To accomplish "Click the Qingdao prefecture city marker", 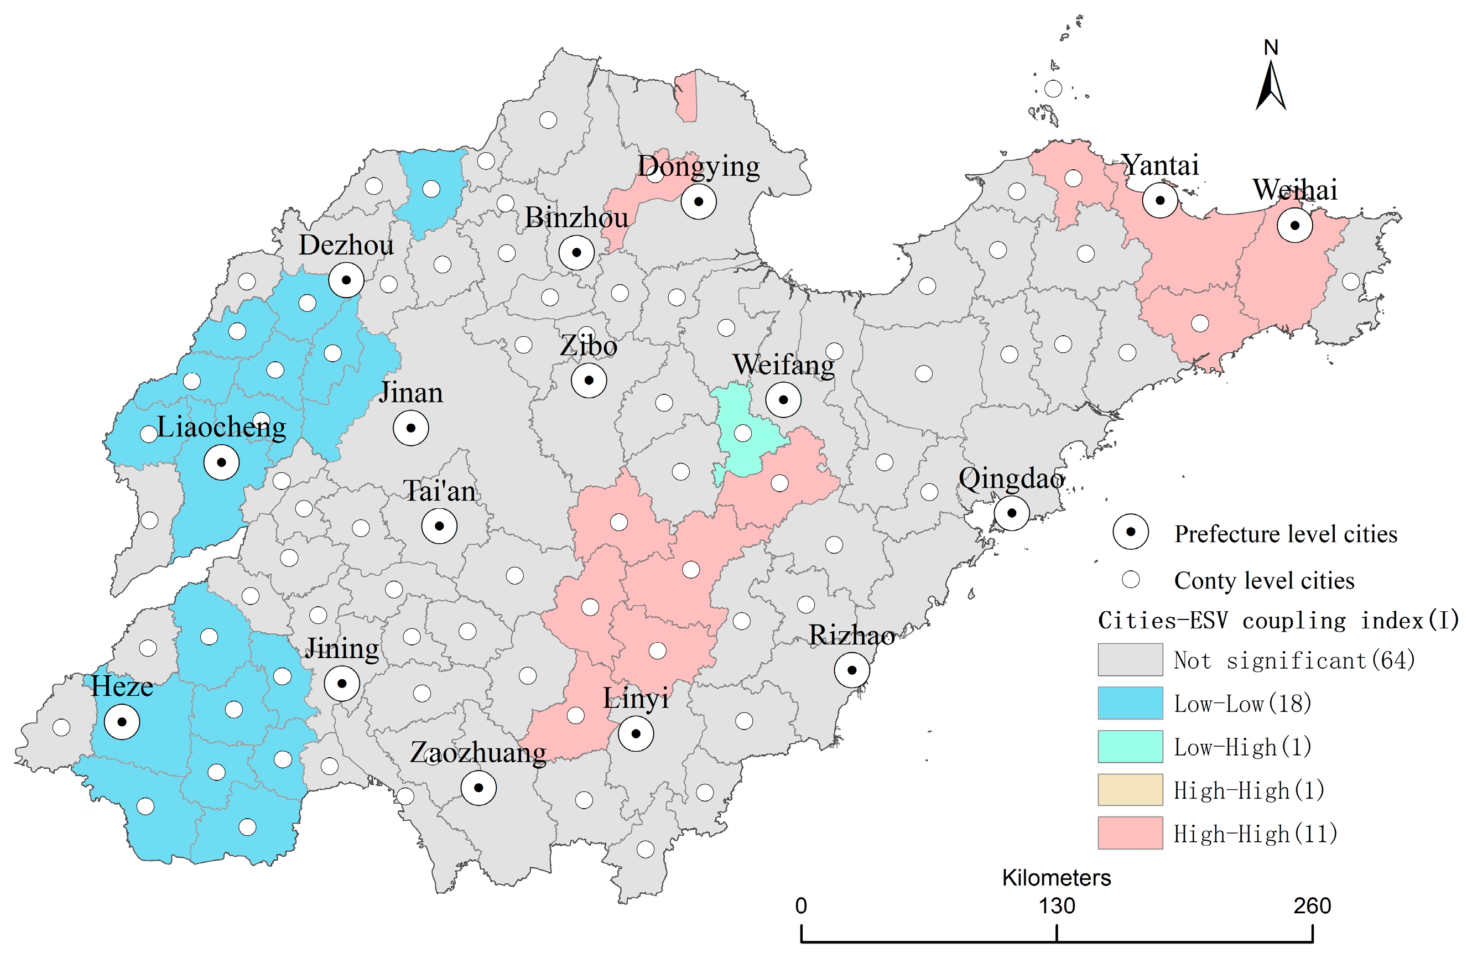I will (1012, 513).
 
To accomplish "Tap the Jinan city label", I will (410, 393).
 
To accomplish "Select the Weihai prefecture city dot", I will (1294, 226).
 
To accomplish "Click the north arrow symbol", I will (1271, 86).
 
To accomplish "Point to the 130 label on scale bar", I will (1057, 906).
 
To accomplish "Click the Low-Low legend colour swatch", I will (1130, 704).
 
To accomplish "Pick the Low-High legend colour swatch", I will (1130, 747).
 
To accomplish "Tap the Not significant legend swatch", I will (1130, 660).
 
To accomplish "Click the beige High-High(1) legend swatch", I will (1130, 790).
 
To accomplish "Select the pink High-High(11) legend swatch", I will (1130, 834).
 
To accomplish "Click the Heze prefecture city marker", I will (122, 722).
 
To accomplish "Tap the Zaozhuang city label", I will (478, 753).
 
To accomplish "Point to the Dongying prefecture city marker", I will (698, 201).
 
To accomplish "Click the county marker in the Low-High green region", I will (743, 433).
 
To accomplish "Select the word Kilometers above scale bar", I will (1056, 878).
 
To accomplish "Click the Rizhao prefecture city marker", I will (852, 670).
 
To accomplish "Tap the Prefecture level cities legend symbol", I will (1131, 532).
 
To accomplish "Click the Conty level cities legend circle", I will (1131, 580).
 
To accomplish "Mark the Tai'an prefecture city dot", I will (439, 527).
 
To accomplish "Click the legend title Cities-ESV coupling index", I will (1278, 621).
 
